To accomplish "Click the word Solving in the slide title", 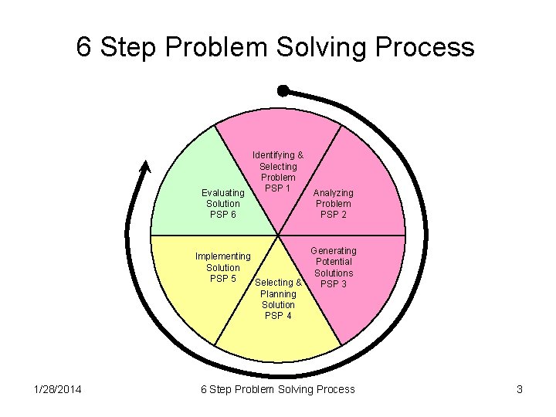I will (321, 48).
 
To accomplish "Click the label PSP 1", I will (277, 188).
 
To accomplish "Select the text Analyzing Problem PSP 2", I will (333, 203).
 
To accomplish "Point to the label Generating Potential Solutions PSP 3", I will (334, 267).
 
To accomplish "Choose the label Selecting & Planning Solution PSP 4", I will (278, 299).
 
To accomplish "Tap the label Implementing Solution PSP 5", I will (222, 267).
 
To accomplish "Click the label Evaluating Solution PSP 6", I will (222, 203).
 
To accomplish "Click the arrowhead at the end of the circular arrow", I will (144, 166).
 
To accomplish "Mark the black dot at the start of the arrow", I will (283, 91).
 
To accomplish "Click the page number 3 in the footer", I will (520, 389).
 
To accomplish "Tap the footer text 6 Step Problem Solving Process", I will (278, 389).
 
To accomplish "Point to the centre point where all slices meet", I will (278, 235).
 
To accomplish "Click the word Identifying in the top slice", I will (278, 155).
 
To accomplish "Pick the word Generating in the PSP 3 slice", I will (334, 251).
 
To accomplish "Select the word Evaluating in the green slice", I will (222, 192).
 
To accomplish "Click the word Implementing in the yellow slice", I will (222, 256).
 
